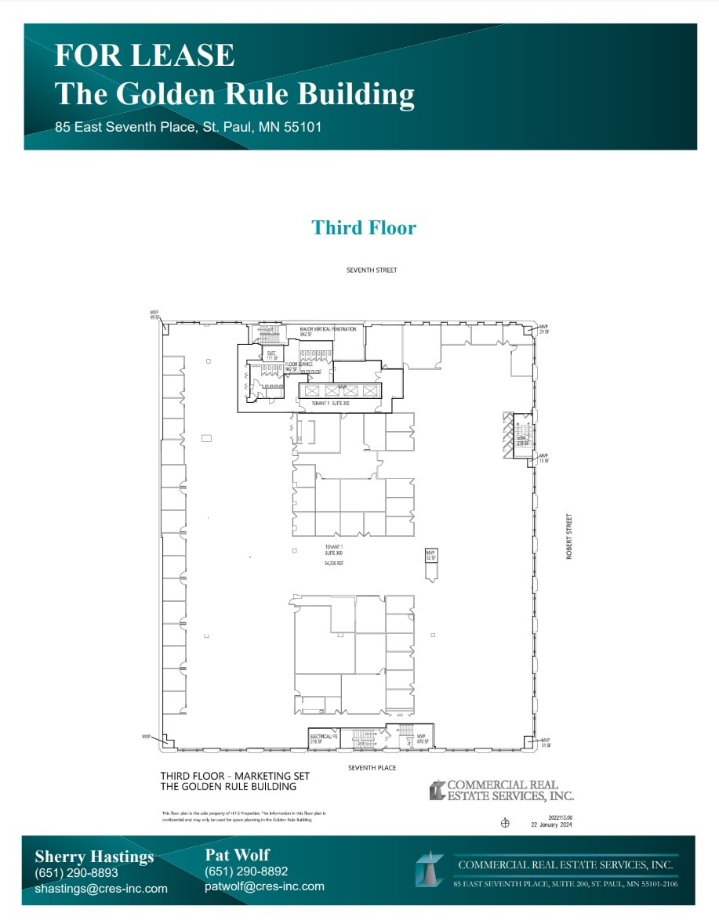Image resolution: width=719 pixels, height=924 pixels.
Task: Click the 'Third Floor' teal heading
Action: (364, 228)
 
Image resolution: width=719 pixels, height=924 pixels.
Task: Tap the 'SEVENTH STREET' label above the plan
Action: (372, 270)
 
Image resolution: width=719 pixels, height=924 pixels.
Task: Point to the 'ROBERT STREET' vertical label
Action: (569, 535)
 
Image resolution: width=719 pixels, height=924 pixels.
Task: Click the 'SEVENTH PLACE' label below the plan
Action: (372, 768)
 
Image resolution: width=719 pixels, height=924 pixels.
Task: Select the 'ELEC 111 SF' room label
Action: (272, 355)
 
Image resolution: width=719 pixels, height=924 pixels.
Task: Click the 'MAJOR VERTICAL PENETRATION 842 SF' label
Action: (328, 332)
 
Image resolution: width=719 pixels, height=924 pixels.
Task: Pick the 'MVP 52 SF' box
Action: (430, 555)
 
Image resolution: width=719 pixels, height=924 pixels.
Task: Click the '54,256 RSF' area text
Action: (335, 563)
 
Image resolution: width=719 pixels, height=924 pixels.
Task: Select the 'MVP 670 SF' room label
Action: (421, 738)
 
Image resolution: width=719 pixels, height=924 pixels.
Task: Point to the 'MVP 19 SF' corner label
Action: (154, 314)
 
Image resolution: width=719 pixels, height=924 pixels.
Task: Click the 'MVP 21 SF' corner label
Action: (543, 329)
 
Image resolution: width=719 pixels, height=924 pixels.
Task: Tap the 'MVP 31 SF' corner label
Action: (545, 742)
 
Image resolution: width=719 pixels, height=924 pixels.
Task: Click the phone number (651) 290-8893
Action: (76, 873)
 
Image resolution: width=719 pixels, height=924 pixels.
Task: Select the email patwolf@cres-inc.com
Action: (264, 886)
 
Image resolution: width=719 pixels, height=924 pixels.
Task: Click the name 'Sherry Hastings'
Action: (94, 857)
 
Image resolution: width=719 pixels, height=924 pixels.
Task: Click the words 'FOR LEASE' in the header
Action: (144, 56)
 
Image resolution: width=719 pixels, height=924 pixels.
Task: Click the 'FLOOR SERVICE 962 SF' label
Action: (299, 366)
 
